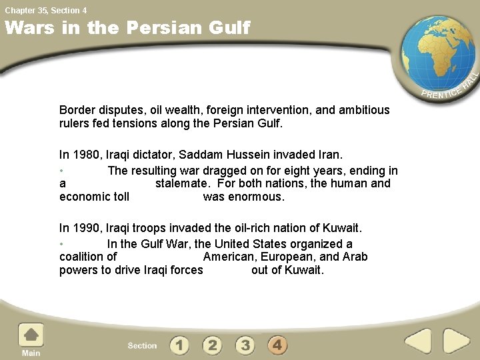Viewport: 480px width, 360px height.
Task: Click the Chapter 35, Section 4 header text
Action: click(x=46, y=10)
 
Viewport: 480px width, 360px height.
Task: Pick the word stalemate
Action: click(x=183, y=183)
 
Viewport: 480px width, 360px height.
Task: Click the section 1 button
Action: click(x=179, y=345)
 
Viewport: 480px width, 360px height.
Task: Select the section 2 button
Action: click(x=212, y=345)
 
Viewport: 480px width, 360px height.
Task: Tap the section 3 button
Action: click(x=245, y=345)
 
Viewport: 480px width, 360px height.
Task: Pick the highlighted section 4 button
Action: click(x=278, y=345)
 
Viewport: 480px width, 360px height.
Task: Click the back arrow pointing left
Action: click(x=418, y=341)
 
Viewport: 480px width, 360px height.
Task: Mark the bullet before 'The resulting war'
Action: click(x=61, y=171)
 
